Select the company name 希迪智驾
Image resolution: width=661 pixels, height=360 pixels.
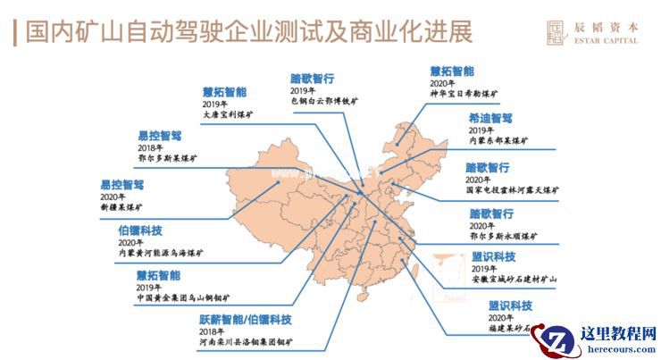pyautogui.click(x=489, y=118)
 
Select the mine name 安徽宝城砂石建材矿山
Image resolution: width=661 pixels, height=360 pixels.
pyautogui.click(x=514, y=280)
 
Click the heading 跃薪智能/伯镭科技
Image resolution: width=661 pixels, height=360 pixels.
pyautogui.click(x=246, y=320)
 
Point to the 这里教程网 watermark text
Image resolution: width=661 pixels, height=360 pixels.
pyautogui.click(x=619, y=334)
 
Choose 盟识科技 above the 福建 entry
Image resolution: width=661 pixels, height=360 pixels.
pyautogui.click(x=510, y=306)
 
